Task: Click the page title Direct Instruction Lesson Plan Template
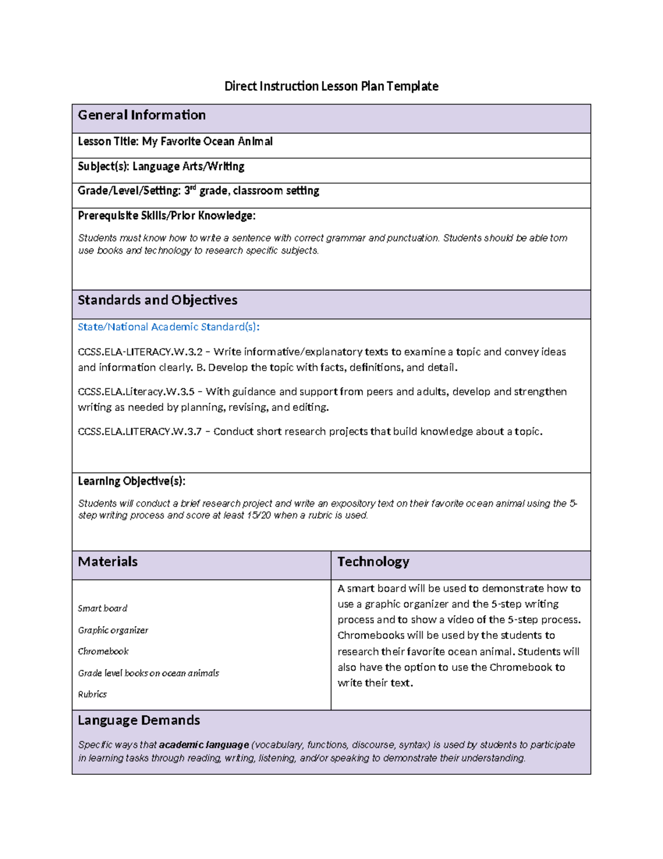[331, 86]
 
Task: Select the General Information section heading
[141, 115]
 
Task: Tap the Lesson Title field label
[108, 142]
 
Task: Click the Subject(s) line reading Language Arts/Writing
[161, 166]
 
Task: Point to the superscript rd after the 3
[193, 188]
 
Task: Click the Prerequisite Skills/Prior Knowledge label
[166, 216]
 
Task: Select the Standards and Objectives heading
[157, 300]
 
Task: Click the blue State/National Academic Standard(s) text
[169, 327]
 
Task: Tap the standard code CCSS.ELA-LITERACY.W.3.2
[140, 352]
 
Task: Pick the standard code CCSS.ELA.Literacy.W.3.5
[136, 392]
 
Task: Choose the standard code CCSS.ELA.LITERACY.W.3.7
[140, 431]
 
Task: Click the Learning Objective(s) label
[131, 481]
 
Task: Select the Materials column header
[108, 562]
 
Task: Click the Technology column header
[373, 562]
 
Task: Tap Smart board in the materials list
[102, 608]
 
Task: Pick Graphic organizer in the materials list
[113, 630]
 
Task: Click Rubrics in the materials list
[92, 694]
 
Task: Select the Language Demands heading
[139, 720]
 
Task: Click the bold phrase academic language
[204, 745]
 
